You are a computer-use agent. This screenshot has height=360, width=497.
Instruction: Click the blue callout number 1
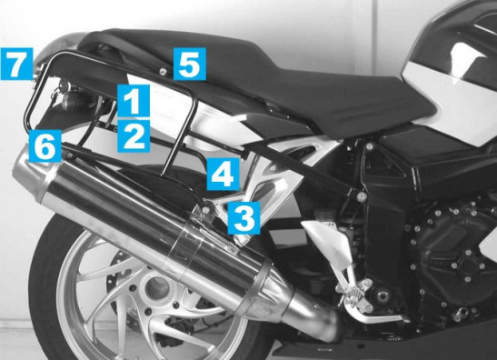click(134, 101)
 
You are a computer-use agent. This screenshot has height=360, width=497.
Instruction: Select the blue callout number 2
click(134, 136)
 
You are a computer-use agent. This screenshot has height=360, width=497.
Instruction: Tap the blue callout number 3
click(244, 218)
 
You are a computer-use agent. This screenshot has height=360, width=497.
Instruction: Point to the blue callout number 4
click(224, 174)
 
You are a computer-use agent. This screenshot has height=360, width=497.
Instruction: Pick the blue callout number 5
click(190, 64)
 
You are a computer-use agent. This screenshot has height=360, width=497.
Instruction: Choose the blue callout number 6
click(45, 145)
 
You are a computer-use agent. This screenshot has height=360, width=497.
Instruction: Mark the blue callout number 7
click(16, 64)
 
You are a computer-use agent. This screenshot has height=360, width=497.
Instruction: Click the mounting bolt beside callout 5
click(163, 71)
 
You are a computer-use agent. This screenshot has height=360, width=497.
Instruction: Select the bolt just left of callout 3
click(207, 209)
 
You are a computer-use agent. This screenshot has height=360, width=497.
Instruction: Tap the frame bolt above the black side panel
click(369, 146)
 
